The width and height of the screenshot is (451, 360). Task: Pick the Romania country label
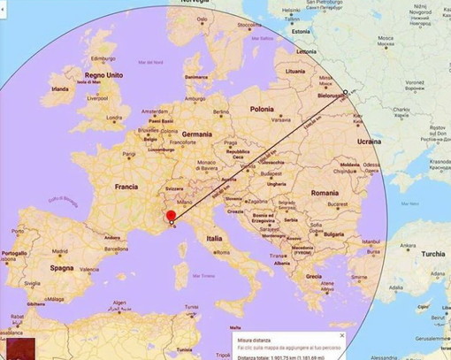[x=325, y=192]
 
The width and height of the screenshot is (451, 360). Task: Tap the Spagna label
[x=61, y=267]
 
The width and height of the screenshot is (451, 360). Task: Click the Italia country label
[x=214, y=239]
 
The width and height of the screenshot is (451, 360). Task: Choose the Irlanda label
[x=60, y=89]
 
